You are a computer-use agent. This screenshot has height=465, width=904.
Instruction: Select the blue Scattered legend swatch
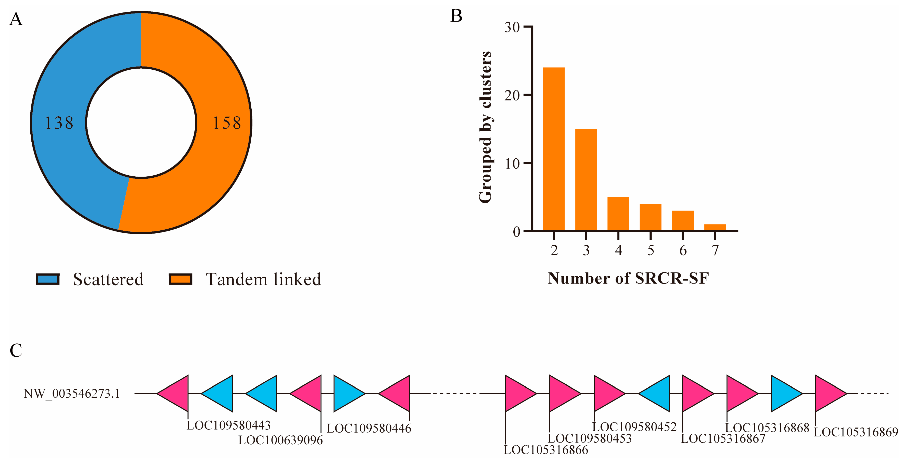[48, 279]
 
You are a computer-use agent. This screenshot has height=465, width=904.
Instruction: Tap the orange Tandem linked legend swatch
[180, 279]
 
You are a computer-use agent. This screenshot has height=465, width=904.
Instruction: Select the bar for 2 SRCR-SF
[553, 149]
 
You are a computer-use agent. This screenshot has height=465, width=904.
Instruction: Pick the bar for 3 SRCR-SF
[586, 180]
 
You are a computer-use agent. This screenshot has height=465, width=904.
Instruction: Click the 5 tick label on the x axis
[651, 250]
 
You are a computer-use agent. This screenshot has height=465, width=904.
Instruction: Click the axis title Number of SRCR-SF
[628, 278]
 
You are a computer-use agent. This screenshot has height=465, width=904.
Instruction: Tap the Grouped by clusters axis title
[485, 127]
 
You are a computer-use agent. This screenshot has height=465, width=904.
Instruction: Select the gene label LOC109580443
[229, 425]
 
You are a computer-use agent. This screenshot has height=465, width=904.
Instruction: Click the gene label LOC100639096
[280, 440]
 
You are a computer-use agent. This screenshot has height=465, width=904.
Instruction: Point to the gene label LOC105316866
[546, 450]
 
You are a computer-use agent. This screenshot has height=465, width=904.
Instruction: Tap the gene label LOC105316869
[856, 432]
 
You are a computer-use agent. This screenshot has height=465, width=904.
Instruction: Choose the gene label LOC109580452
[634, 427]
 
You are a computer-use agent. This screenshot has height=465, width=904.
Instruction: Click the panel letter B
[456, 16]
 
